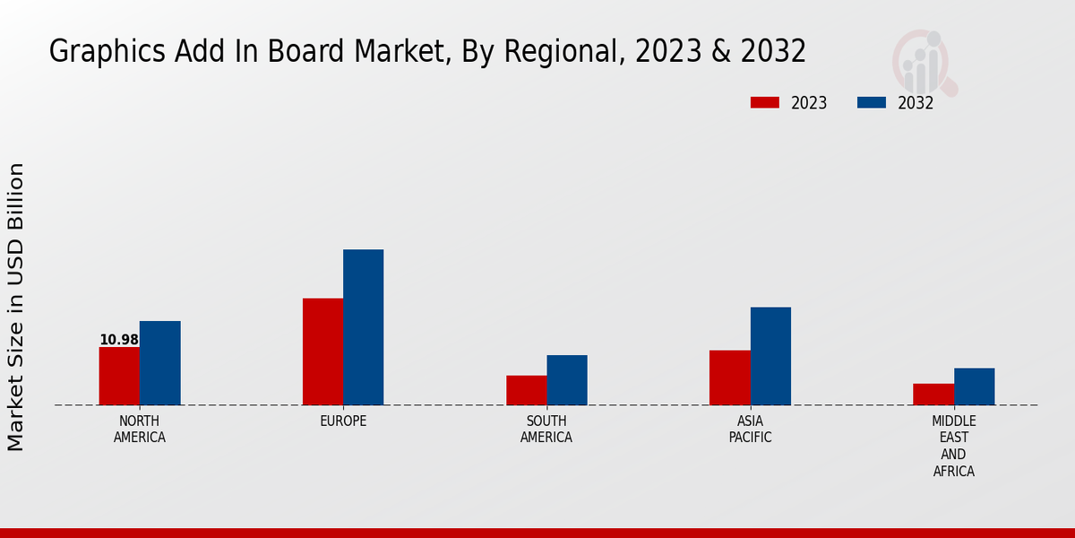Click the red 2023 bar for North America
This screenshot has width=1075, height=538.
click(x=119, y=376)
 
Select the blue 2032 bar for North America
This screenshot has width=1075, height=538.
click(x=159, y=363)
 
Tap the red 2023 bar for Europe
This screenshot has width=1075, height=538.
click(x=322, y=351)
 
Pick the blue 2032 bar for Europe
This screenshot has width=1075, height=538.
click(x=363, y=327)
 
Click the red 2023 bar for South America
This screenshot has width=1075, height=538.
click(x=526, y=390)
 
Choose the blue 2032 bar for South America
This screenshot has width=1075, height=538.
click(x=567, y=380)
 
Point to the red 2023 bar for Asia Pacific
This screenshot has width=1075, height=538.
click(x=729, y=377)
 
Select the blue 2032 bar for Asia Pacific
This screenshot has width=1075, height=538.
click(x=770, y=356)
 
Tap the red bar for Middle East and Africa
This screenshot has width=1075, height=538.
click(x=933, y=395)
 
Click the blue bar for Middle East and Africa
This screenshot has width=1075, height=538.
click(x=974, y=386)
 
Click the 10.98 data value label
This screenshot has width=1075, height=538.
click(x=119, y=340)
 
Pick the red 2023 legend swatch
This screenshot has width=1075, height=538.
click(x=764, y=102)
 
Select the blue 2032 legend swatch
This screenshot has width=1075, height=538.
click(x=872, y=102)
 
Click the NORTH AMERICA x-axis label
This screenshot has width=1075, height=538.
click(x=140, y=430)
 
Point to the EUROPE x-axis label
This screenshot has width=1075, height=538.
click(x=343, y=421)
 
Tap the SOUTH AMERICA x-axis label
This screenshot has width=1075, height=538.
click(x=546, y=430)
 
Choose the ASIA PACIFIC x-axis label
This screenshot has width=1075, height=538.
click(x=750, y=430)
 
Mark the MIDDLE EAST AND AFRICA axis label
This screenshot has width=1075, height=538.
click(x=954, y=447)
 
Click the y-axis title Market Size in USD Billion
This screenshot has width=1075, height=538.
click(x=16, y=307)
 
